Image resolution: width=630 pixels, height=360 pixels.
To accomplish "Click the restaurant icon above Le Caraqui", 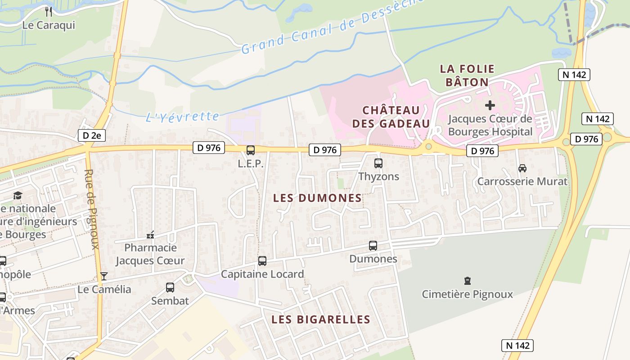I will click(49, 11).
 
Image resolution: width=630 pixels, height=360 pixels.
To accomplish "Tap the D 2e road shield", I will click(92, 135).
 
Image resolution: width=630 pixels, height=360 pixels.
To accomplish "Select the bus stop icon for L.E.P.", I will click(251, 150).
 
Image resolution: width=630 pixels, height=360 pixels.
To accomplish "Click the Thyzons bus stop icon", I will click(378, 163).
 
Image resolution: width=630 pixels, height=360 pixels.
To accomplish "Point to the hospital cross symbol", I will click(490, 105).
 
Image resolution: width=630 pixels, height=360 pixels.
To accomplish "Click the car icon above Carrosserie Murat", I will click(522, 168).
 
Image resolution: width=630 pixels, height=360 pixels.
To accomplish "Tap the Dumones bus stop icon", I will click(373, 246).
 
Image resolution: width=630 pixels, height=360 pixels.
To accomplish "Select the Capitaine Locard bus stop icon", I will click(262, 261).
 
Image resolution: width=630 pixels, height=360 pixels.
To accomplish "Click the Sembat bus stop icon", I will click(170, 288).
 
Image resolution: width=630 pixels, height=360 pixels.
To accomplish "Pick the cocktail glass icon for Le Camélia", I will click(104, 276).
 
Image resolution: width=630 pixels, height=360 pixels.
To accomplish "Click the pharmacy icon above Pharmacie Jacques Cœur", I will click(150, 235).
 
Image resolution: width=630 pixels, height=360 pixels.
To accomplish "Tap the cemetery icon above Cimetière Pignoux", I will click(468, 281).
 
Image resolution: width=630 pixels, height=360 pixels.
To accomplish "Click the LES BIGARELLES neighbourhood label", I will click(321, 319).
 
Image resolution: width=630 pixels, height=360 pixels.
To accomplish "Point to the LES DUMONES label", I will click(318, 198).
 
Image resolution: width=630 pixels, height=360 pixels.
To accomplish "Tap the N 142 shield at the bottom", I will click(517, 346).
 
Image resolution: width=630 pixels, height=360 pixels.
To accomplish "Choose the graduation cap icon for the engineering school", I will click(18, 195).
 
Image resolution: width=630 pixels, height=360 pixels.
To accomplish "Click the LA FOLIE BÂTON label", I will click(467, 75).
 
